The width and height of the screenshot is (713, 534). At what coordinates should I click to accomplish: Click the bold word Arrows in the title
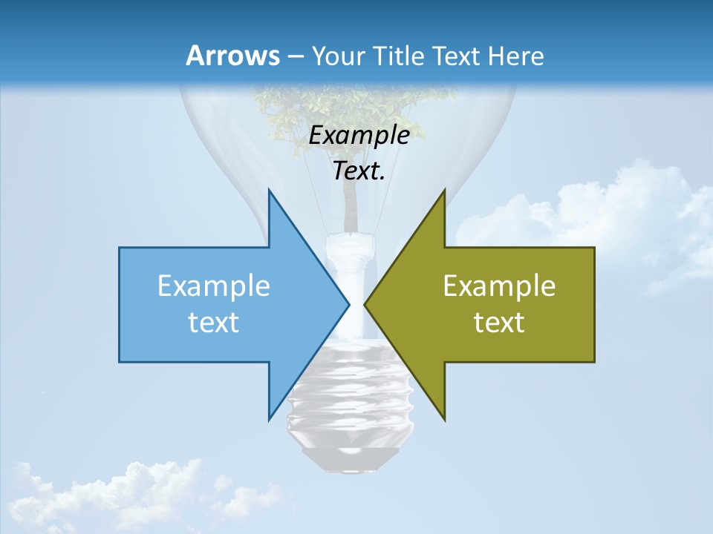tap(233, 56)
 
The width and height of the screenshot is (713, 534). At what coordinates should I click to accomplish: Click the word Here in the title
tap(515, 56)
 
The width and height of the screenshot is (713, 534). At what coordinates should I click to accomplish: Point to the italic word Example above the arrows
tap(359, 136)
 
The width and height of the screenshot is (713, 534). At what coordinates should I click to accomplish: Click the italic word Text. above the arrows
tap(359, 171)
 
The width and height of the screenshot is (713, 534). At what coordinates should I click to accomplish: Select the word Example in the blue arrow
tap(214, 286)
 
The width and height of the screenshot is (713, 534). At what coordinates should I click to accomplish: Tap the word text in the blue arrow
tap(214, 322)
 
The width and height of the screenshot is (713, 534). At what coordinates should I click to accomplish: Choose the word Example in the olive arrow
tap(499, 286)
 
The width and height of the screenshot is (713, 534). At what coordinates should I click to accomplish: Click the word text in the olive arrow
tap(499, 322)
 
